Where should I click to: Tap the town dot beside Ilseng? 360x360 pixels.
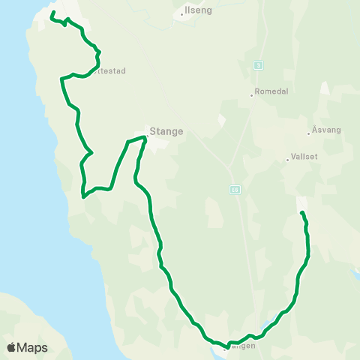(x=182, y=13)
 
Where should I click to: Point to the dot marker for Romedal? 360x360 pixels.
(x=251, y=95)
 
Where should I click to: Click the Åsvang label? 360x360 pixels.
(x=327, y=130)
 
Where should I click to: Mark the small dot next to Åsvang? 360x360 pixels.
(x=308, y=133)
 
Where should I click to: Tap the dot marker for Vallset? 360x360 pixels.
(x=287, y=159)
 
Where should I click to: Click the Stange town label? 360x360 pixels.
(x=166, y=131)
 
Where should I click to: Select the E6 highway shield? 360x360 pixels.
(x=235, y=189)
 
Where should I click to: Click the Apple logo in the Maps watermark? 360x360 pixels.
(x=11, y=347)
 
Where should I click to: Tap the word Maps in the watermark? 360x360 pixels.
(x=32, y=347)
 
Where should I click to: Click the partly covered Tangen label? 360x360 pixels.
(x=241, y=346)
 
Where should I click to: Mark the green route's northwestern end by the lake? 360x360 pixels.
(x=51, y=14)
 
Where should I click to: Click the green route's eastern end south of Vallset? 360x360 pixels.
(x=301, y=214)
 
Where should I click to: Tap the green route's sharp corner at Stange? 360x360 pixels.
(x=143, y=136)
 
